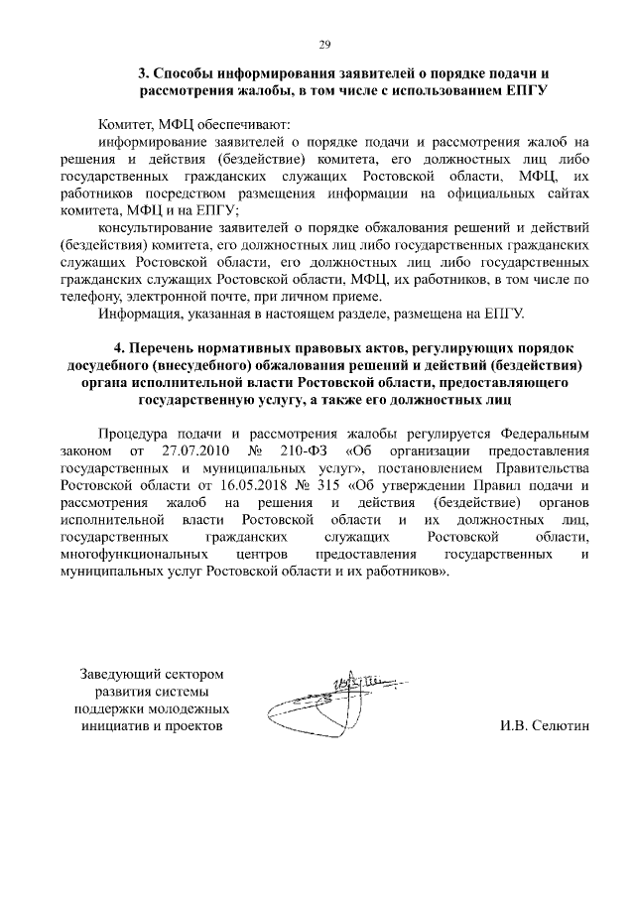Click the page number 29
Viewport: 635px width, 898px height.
[323, 44]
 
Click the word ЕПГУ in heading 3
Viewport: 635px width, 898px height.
[526, 89]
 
